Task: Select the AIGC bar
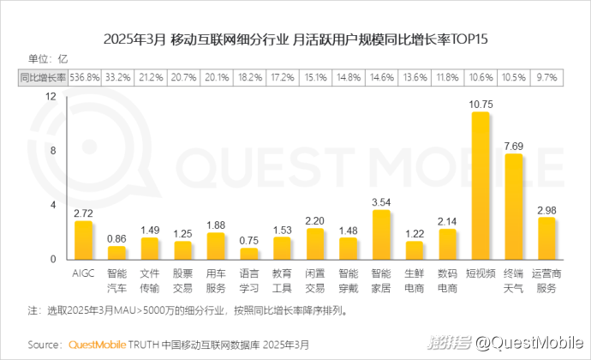84,240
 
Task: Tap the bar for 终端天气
514,207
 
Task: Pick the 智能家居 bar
381,234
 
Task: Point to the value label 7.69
514,146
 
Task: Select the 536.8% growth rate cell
85,77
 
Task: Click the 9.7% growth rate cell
546,77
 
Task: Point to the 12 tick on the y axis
51,97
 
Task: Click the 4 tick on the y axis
52,205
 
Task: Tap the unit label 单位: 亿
48,58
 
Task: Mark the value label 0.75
249,241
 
